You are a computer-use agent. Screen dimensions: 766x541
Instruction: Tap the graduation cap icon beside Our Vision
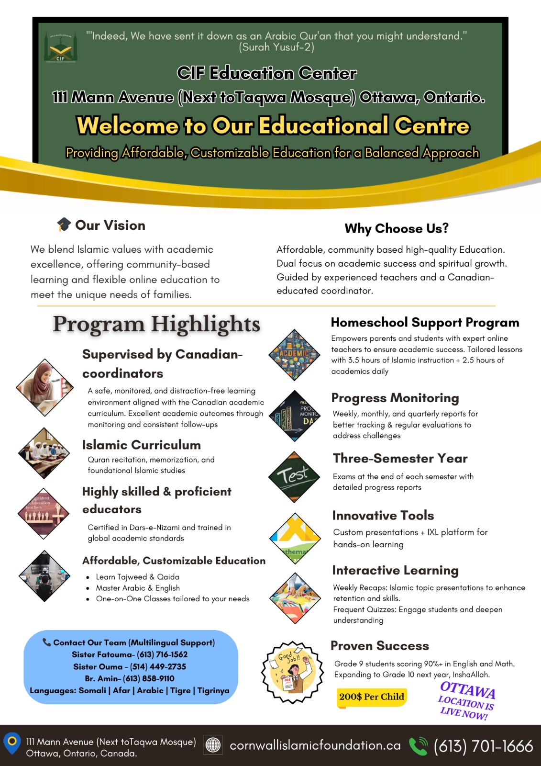coord(64,225)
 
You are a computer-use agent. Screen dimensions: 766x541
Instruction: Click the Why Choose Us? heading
coord(397,228)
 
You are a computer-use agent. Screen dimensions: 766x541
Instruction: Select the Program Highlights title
coord(156,324)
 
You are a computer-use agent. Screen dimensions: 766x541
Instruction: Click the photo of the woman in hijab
coord(45,387)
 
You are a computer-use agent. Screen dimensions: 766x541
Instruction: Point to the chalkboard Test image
coord(294,477)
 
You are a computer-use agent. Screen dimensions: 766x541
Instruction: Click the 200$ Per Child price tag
coord(372,697)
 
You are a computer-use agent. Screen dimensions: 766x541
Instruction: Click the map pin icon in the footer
coord(12,743)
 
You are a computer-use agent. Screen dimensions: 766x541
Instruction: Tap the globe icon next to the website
coord(213,745)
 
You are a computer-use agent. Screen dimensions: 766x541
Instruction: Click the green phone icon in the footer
coord(419,746)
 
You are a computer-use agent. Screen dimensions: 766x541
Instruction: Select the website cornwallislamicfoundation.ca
coord(315,745)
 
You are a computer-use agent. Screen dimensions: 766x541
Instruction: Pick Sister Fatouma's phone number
coord(162,654)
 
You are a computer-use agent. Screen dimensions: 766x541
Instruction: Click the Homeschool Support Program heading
coord(425,323)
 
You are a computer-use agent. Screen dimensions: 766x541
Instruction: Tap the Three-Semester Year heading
coord(400,458)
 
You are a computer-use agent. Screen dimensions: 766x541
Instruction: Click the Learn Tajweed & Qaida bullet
coord(137,577)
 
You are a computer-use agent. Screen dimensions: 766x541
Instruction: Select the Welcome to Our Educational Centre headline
coord(273,125)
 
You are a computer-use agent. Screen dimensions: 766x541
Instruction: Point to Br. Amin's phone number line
coord(130,678)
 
